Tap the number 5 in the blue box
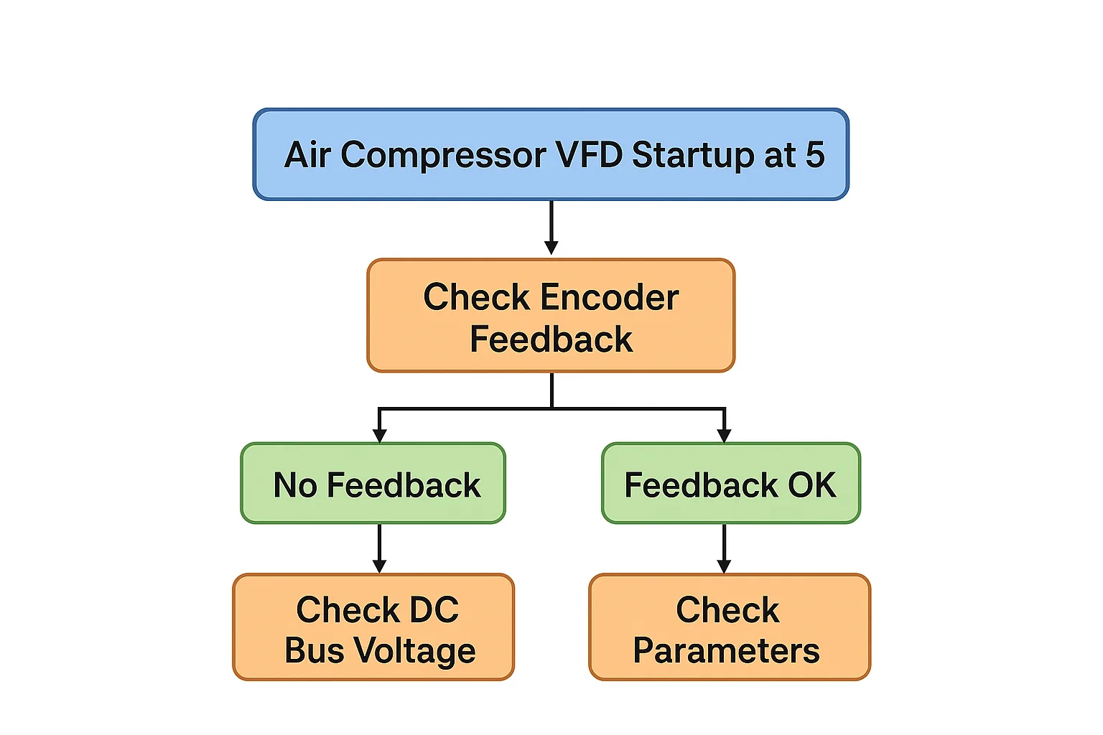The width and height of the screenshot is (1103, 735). point(815,155)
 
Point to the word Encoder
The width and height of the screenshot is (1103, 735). point(610,297)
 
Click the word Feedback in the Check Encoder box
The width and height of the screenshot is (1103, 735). point(551,340)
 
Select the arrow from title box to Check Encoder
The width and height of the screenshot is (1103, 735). point(551,226)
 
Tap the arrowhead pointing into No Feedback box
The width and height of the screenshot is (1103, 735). point(380,435)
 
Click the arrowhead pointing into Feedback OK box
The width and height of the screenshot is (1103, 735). point(724,435)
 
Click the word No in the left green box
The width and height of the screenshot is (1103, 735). point(295,485)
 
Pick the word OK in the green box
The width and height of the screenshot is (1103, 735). point(811,485)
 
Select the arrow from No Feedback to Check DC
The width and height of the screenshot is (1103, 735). point(380,548)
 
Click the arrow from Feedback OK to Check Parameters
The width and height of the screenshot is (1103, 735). point(724,548)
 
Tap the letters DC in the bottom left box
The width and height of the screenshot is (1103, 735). point(434,610)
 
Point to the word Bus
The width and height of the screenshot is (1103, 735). point(314,651)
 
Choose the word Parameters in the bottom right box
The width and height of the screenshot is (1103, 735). point(726,651)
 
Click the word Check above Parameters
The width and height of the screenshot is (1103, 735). point(727,610)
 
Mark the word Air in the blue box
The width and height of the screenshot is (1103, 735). point(307,155)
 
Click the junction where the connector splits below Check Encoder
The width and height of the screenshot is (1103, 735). point(551,408)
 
